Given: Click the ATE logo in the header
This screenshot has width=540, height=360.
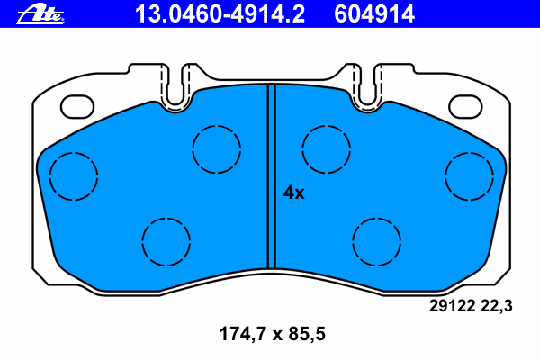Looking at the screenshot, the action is pos(40,15).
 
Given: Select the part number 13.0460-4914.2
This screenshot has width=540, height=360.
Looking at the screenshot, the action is pos(220,14).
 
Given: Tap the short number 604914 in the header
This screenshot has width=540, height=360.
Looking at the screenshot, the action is pos(374,14).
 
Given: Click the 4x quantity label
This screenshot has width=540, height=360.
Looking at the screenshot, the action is pos(293,193).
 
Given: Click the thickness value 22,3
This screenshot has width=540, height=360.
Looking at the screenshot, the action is pos(497,306).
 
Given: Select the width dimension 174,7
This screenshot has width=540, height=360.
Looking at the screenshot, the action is pos(243,334).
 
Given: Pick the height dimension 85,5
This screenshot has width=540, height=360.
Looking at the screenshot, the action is pos(307,334).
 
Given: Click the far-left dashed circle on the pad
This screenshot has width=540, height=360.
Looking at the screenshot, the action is pos(49,176).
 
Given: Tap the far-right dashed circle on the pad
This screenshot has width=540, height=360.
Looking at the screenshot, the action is pos(445,176).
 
